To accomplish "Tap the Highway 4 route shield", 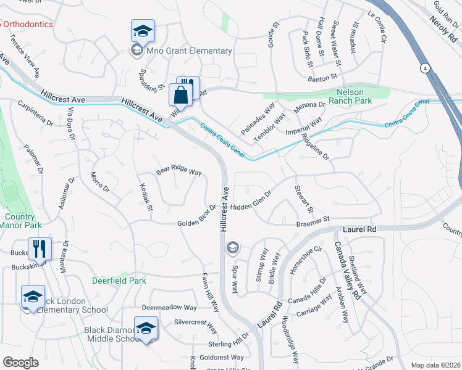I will click(425, 67).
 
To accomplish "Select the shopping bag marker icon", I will click(180, 96).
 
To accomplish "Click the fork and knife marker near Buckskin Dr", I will click(40, 249).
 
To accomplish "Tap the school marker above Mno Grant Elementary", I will click(143, 31).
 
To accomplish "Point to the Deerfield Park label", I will click(119, 281).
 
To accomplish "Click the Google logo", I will click(20, 363).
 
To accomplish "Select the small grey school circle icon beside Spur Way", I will click(232, 248).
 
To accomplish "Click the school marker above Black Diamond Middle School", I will click(146, 328).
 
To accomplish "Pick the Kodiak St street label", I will click(146, 197).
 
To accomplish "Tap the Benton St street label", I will click(325, 77).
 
